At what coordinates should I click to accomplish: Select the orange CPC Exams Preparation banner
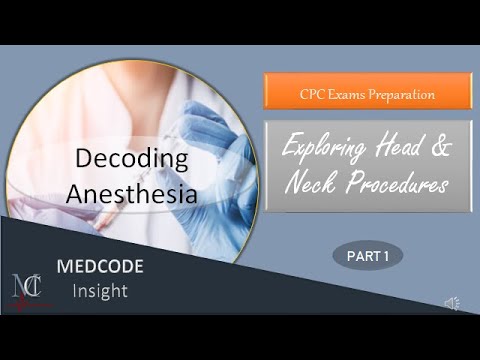coord(368,95)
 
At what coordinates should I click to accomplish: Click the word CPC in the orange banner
coord(311,95)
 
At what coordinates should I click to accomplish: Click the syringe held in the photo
coord(186,130)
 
